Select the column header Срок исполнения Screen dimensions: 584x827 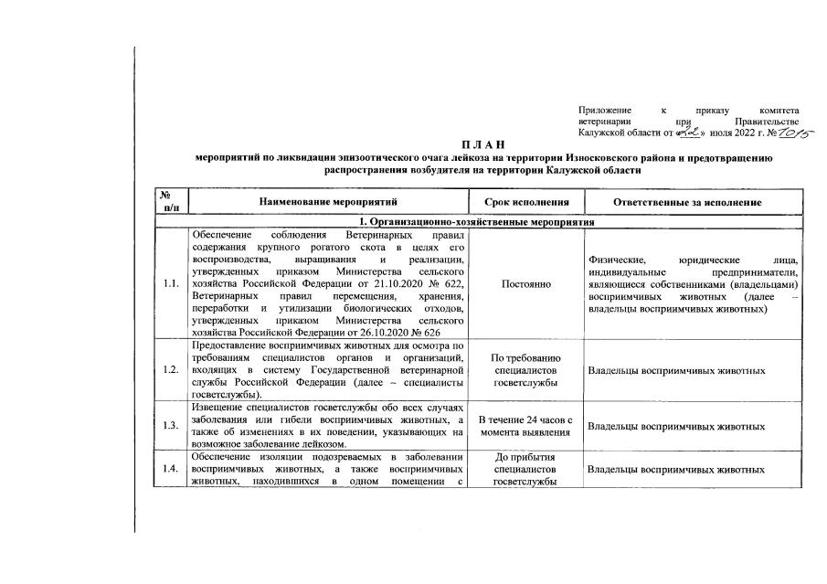(x=525, y=202)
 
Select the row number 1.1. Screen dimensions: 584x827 (x=170, y=284)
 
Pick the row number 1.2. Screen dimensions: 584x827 (x=170, y=370)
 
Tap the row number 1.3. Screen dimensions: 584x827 (x=170, y=426)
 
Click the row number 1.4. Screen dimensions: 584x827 (x=170, y=469)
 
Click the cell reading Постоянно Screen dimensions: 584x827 (x=526, y=284)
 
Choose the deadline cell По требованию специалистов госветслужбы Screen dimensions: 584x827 (x=525, y=370)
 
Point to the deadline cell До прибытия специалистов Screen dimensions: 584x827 (x=525, y=468)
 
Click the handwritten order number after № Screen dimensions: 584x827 (x=794, y=132)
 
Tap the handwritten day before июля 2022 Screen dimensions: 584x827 (x=687, y=132)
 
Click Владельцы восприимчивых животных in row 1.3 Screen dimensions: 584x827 (x=676, y=426)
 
